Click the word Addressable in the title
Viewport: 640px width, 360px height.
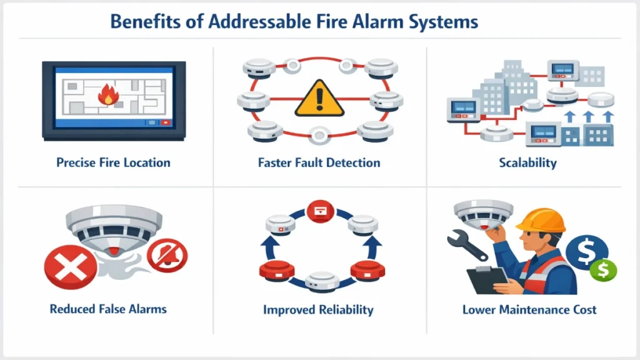click(x=256, y=22)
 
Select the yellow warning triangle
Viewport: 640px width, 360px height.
click(x=319, y=99)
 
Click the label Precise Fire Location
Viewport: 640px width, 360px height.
click(x=113, y=163)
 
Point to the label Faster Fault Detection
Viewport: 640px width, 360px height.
click(x=319, y=163)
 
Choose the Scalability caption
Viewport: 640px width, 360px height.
click(x=527, y=163)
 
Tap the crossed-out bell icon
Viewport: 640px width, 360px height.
click(x=167, y=256)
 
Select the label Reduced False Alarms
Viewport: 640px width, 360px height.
click(x=109, y=309)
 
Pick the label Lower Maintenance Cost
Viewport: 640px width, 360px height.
click(x=529, y=309)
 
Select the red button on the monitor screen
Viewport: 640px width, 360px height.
click(x=165, y=123)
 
